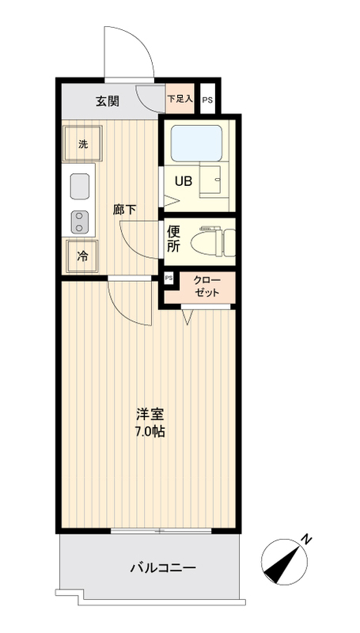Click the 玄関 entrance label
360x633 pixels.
click(108, 100)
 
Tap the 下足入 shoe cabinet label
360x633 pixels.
click(179, 100)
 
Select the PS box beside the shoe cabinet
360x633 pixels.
click(207, 100)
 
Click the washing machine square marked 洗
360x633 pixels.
click(82, 144)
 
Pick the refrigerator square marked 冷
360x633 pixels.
click(82, 256)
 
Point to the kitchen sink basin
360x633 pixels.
click(80, 187)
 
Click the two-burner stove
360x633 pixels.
click(80, 221)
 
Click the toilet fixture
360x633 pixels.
click(217, 240)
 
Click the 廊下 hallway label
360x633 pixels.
click(124, 210)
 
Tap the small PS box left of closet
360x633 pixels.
click(169, 279)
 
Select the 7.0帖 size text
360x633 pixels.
click(150, 433)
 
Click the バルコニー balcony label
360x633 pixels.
click(162, 568)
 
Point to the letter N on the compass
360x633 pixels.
click(307, 540)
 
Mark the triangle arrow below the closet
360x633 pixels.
click(187, 318)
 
